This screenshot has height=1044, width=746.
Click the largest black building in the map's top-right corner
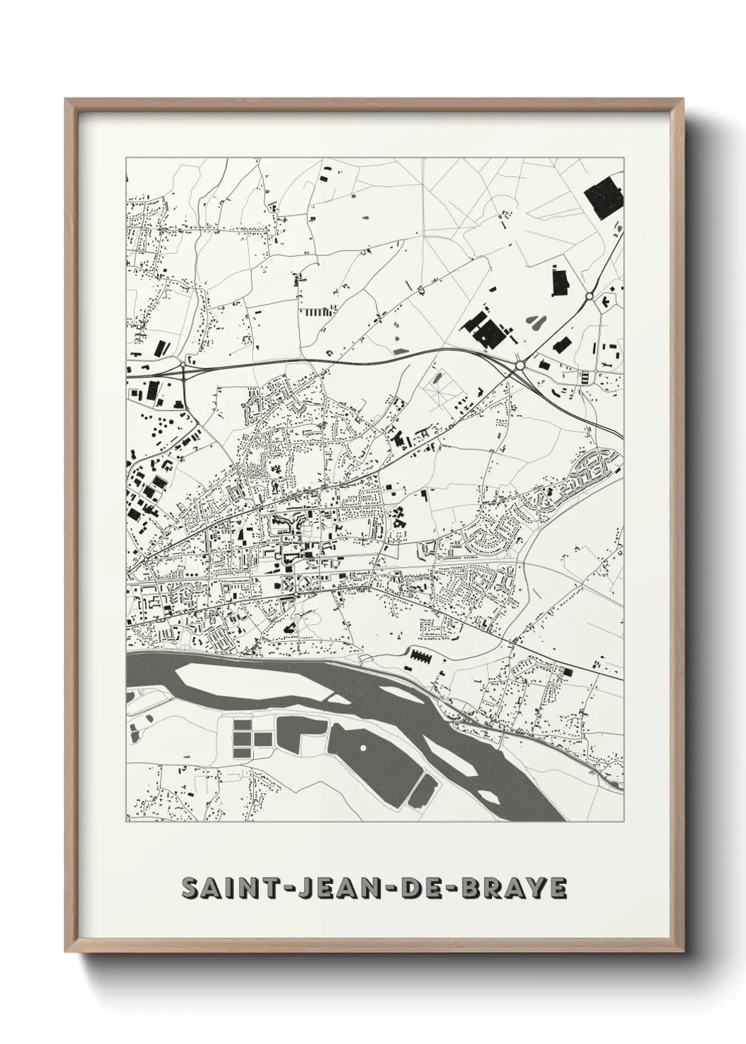(x=601, y=198)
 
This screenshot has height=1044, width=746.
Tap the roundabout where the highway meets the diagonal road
(x=520, y=365)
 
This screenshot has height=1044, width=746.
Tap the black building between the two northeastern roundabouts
(x=561, y=345)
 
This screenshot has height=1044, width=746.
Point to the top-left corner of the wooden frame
(x=66, y=99)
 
